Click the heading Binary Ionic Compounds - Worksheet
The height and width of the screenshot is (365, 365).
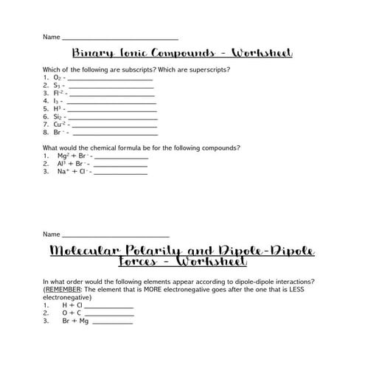(182, 54)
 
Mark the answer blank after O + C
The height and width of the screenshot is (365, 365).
(110, 313)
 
